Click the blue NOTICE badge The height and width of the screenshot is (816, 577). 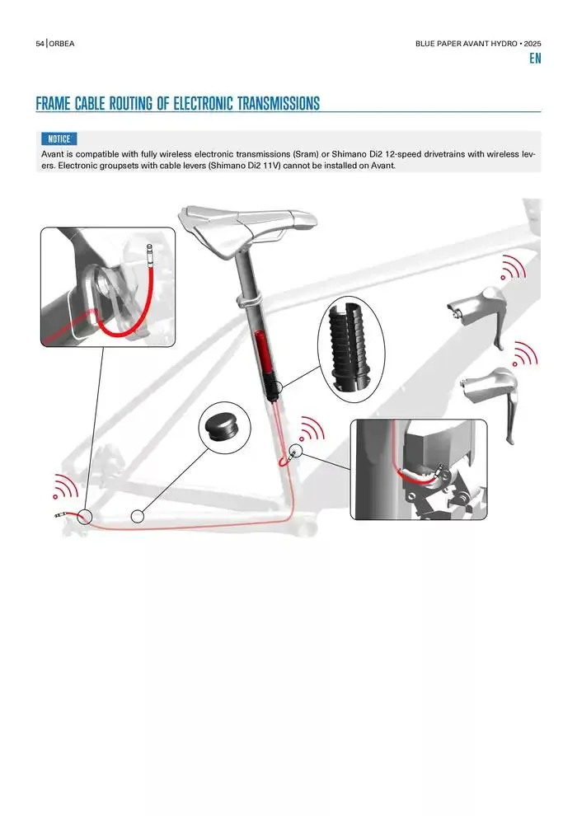coord(59,139)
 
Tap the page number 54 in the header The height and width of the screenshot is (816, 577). coord(40,44)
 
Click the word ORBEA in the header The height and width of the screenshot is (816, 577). coord(62,44)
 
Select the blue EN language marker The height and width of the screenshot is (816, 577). coord(535,59)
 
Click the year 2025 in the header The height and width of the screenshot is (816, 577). coord(532,44)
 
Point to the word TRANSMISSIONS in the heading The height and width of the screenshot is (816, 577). coord(279,103)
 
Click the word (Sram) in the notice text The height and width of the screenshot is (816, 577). coord(306,154)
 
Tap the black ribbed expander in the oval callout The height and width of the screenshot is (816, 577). coord(351,347)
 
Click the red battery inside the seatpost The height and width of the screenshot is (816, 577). coord(264,354)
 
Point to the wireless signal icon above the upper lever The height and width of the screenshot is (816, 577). coord(513,270)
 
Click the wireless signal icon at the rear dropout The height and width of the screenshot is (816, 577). coord(66,488)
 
